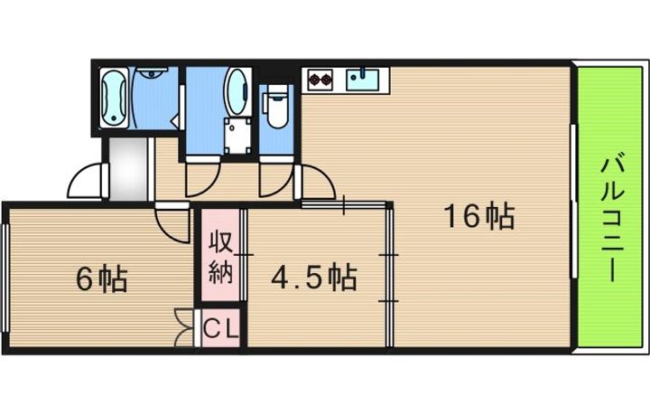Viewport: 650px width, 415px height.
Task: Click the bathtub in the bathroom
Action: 114,98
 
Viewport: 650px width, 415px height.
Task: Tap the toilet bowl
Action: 276,108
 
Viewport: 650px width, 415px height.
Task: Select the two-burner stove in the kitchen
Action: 320,79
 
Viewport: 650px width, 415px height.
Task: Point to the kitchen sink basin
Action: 362,79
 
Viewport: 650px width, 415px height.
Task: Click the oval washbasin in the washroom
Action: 237,91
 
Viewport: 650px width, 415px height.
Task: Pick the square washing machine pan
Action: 237,136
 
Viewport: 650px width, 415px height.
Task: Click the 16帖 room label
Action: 479,216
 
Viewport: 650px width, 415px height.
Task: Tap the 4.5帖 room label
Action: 314,278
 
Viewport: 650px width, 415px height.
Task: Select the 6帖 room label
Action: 101,278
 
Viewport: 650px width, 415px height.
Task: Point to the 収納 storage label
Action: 220,257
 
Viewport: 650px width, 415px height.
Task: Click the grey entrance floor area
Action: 128,168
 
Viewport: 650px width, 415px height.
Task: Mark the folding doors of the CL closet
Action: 183,327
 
